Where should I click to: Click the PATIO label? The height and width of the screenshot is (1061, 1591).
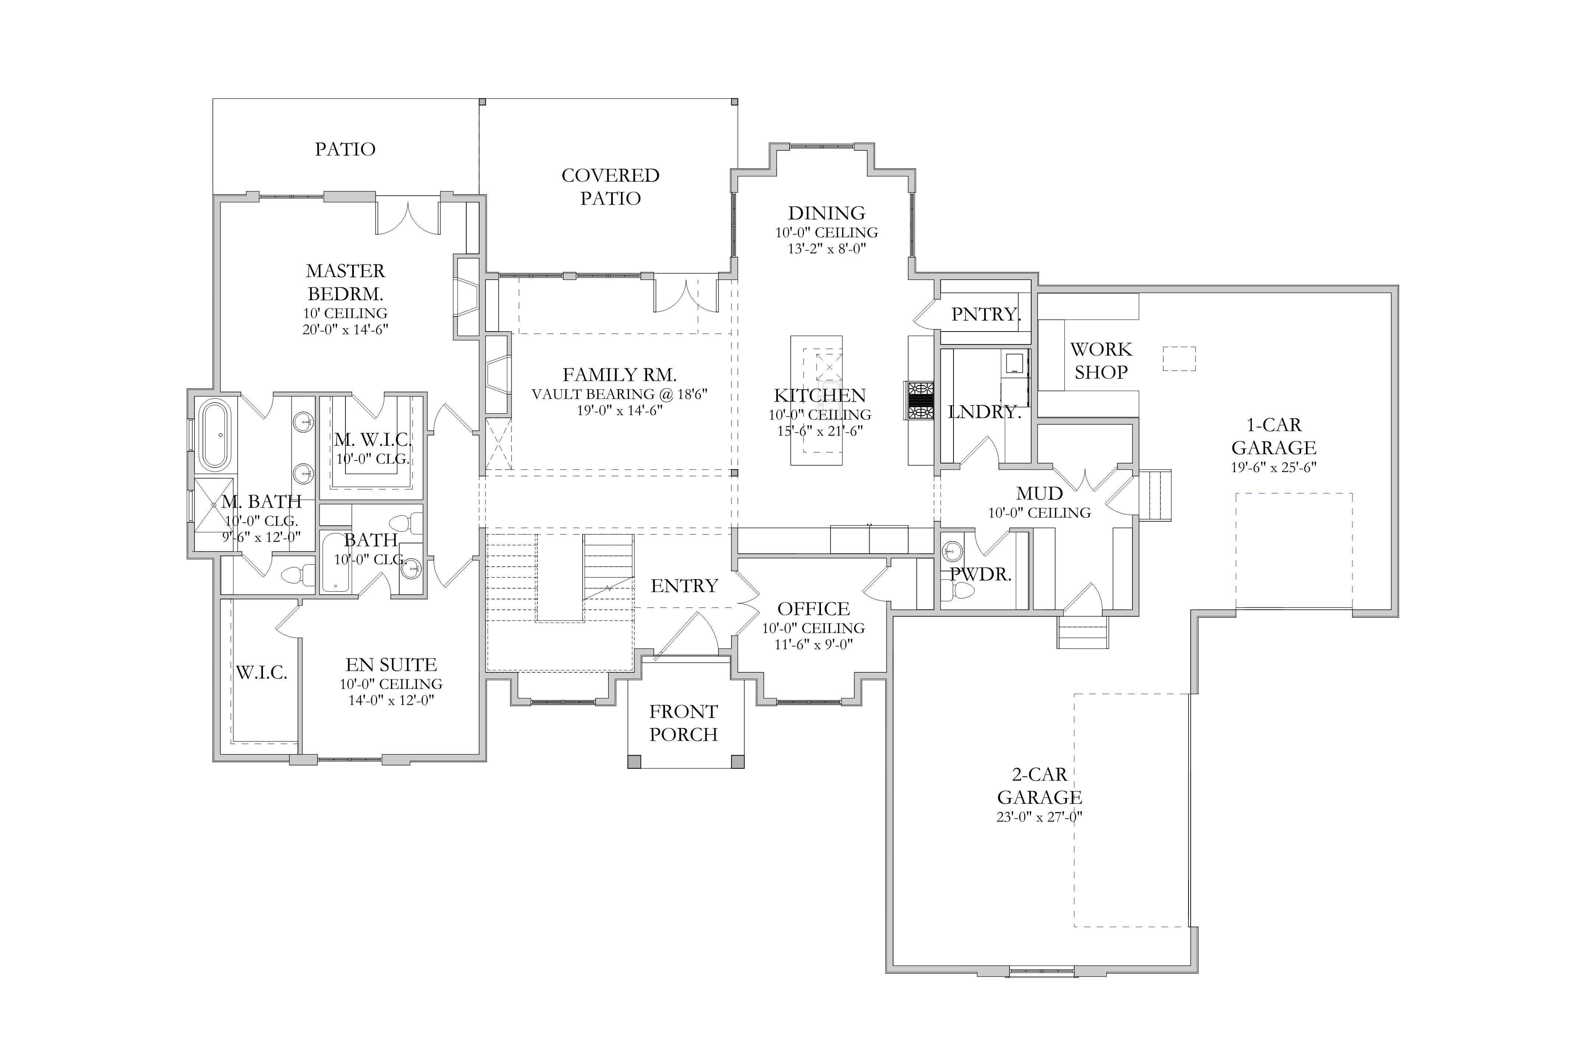pyautogui.click(x=345, y=149)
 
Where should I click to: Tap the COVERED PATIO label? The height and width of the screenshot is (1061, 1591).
pyautogui.click(x=610, y=187)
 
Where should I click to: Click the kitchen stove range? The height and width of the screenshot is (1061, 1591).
pyautogui.click(x=921, y=401)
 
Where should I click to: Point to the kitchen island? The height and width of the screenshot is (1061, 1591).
pyautogui.click(x=816, y=400)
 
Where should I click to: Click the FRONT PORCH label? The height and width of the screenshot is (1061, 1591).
pyautogui.click(x=683, y=723)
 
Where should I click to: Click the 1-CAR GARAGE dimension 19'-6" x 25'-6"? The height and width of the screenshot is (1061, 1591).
pyautogui.click(x=1273, y=467)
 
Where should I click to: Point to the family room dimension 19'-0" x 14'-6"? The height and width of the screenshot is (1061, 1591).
pyautogui.click(x=619, y=410)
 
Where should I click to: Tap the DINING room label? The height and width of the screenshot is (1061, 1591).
pyautogui.click(x=826, y=213)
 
